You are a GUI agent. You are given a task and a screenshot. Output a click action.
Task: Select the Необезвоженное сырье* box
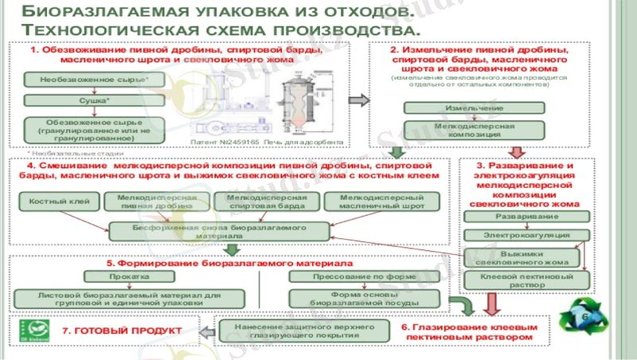click(94, 80)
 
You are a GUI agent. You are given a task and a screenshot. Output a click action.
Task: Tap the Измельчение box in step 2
click(475, 108)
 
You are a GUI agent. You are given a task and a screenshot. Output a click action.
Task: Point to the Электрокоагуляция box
click(527, 236)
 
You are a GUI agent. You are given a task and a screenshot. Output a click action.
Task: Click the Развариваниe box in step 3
click(527, 217)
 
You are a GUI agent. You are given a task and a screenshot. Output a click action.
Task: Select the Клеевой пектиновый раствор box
click(527, 280)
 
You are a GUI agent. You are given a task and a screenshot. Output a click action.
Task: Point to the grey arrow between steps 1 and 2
click(361, 100)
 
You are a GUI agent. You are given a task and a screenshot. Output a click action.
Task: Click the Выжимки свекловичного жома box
click(527, 257)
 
